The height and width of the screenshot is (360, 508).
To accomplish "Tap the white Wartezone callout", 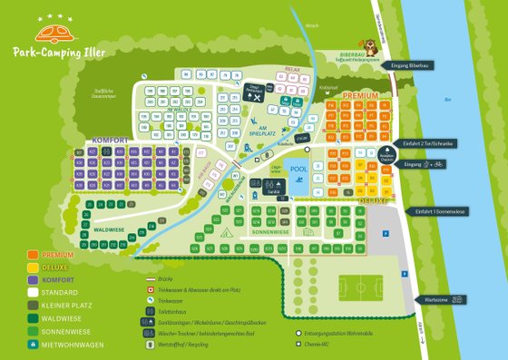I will tap(448, 298).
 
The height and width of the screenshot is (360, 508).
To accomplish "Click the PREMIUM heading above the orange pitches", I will tap(360, 94).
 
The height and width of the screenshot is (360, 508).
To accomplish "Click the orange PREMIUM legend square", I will tap(33, 256).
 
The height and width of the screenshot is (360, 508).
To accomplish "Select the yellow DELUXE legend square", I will tap(33, 268).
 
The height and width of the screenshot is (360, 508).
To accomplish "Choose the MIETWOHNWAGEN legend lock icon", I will tap(33, 345).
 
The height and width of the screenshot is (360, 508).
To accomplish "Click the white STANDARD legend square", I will tap(33, 293).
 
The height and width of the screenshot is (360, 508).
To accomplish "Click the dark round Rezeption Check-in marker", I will tap(385, 152).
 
